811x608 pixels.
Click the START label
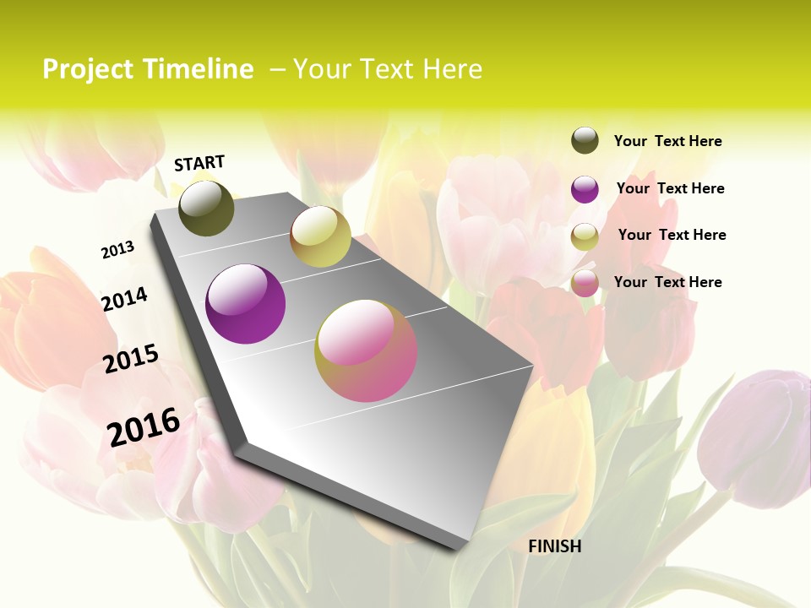click(x=199, y=163)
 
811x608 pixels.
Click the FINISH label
click(x=554, y=546)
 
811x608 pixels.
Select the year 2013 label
click(x=118, y=250)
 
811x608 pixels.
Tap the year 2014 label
click(x=124, y=299)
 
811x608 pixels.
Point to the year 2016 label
click(x=144, y=426)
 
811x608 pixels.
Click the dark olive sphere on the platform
click(x=206, y=208)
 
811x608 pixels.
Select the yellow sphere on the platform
click(x=320, y=236)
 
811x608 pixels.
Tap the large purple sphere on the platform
click(x=246, y=304)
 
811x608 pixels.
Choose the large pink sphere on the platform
click(x=366, y=350)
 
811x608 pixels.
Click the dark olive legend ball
click(x=585, y=140)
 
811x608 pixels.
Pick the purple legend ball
click(x=585, y=189)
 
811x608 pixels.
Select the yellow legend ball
click(x=585, y=236)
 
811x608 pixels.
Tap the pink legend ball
click(x=585, y=284)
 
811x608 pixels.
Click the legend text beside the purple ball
click(x=670, y=188)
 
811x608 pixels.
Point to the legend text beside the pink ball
click(x=667, y=282)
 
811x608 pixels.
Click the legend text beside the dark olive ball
click(x=667, y=141)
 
